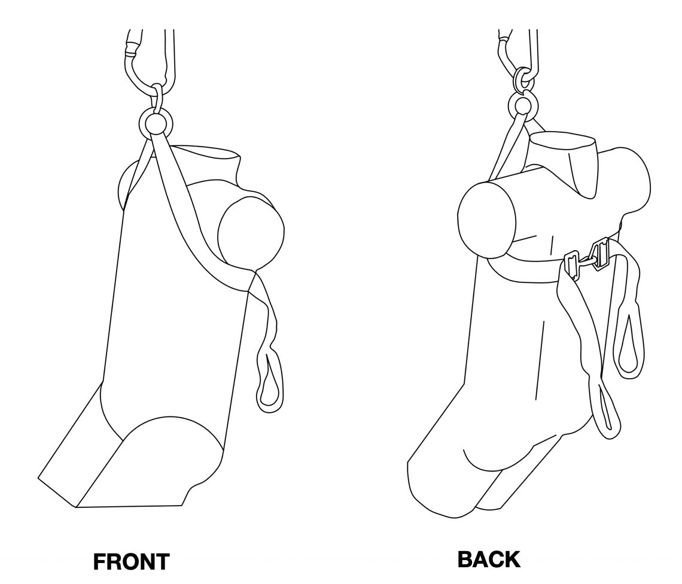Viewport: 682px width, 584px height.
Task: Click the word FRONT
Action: [132, 562]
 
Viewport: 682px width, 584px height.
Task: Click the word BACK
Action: [489, 559]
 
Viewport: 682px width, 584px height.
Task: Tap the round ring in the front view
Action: [156, 123]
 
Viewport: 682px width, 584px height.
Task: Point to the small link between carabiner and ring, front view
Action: [157, 98]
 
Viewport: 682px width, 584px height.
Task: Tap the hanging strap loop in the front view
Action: [270, 379]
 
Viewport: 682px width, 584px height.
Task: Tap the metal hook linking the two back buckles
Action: [583, 261]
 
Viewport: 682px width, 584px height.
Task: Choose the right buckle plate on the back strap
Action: [600, 253]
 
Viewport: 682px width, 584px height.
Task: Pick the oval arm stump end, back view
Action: [487, 220]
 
